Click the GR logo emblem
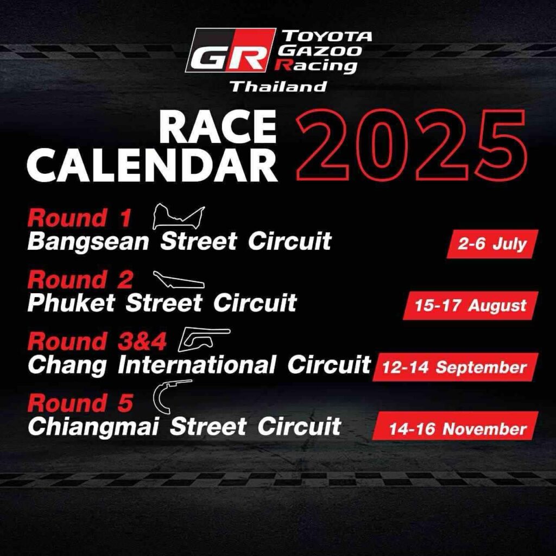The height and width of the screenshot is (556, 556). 230,50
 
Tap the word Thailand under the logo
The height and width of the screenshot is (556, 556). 279,86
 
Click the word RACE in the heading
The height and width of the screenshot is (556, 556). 218,127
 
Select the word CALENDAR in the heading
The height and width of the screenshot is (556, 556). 152,166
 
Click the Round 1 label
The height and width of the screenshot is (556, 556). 79,217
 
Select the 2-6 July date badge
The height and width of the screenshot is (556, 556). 492,244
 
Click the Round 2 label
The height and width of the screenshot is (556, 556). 80,280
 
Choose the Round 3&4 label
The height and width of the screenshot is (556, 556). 97,341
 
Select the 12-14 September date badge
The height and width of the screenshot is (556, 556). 456,367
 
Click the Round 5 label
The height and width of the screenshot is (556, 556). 80,403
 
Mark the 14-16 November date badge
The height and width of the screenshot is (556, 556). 456,426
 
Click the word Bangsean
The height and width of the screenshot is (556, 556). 88,242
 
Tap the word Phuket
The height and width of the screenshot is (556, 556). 71,303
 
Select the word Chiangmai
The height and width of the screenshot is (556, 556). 93,427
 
